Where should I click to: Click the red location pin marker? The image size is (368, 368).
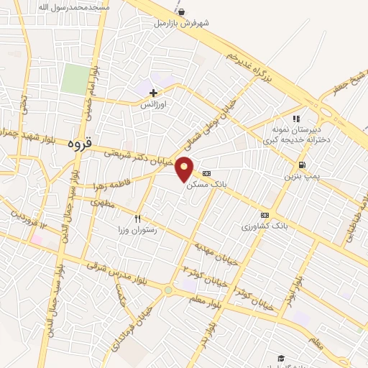pyautogui.click(x=185, y=169)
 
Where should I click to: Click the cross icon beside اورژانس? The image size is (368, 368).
pyautogui.click(x=153, y=93)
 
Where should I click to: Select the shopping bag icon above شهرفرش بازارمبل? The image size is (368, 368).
pyautogui.click(x=181, y=11)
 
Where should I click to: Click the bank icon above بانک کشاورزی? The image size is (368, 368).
pyautogui.click(x=264, y=215)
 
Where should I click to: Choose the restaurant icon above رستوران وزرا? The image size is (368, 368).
pyautogui.click(x=137, y=218)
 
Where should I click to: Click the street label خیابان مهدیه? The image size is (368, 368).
pyautogui.click(x=215, y=252)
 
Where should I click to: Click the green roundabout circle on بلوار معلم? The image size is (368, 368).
pyautogui.click(x=168, y=290)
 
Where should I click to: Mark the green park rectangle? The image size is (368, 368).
pyautogui.click(x=73, y=79)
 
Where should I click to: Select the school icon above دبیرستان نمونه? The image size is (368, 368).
pyautogui.click(x=295, y=119)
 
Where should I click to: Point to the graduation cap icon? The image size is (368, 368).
pyautogui.click(x=281, y=358)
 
